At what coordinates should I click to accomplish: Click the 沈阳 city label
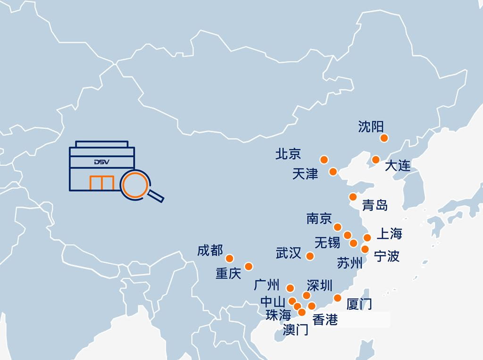371,126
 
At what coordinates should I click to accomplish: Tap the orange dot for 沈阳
384,138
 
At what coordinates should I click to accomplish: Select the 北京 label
288,154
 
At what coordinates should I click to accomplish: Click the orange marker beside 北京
324,159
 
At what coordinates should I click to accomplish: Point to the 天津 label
305,174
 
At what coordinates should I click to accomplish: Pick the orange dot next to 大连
375,159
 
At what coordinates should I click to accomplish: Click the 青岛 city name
375,205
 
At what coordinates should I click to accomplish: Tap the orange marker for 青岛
353,197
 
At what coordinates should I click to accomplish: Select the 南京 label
319,218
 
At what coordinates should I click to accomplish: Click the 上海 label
390,234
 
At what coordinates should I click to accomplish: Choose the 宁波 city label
387,256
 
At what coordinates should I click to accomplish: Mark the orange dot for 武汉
310,256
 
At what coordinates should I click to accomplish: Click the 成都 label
210,251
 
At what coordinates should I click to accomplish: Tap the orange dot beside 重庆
249,267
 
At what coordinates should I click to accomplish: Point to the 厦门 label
359,304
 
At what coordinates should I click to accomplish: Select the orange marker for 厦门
338,298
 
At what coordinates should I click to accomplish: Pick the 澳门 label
296,330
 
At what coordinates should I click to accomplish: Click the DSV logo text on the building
101,162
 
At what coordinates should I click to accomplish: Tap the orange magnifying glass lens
135,185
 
